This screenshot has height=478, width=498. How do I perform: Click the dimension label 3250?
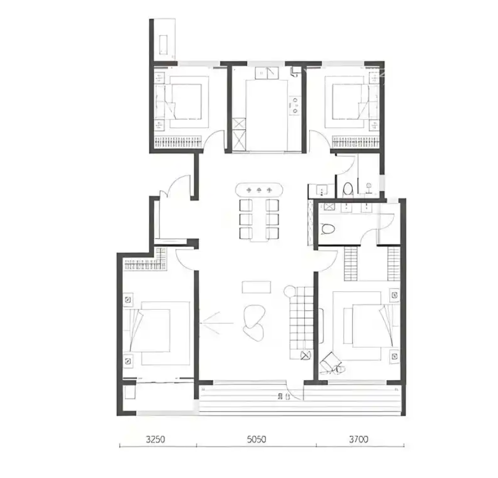(155, 439)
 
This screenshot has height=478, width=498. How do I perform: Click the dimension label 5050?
(256, 439)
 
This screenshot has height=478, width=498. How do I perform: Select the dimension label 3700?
(358, 439)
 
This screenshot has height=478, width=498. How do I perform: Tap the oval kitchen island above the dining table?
(259, 190)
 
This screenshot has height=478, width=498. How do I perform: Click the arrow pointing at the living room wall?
(216, 323)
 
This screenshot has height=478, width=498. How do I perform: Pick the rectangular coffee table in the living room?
(256, 287)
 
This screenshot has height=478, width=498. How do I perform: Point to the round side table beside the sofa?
(290, 291)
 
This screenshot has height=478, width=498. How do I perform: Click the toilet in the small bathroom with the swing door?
(348, 188)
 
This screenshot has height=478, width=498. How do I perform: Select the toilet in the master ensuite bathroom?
(327, 229)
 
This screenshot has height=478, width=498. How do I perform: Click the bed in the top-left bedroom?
(186, 102)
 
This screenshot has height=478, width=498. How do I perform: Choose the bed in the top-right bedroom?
(347, 102)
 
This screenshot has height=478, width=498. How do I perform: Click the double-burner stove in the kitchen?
(295, 105)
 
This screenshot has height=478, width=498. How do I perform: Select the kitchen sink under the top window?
(267, 73)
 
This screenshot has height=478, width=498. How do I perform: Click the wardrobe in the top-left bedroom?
(178, 142)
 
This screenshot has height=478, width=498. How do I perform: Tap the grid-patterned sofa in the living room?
(301, 323)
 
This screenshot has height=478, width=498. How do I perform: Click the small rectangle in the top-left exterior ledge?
(163, 45)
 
